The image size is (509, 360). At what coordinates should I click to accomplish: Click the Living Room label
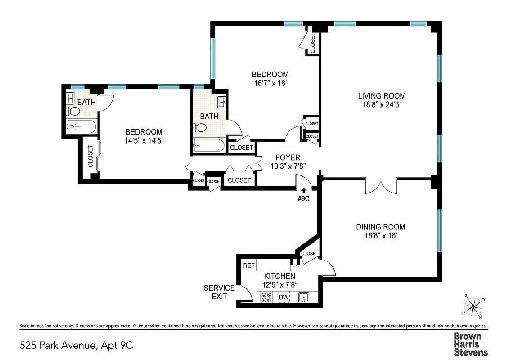tap(382, 96)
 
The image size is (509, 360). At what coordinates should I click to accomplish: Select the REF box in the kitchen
tap(249, 266)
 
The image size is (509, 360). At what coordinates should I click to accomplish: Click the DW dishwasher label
tap(284, 297)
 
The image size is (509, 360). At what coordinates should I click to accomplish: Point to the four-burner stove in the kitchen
tap(266, 297)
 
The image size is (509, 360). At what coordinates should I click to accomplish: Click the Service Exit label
tap(219, 292)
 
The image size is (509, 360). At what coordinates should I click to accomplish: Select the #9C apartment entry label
tap(304, 198)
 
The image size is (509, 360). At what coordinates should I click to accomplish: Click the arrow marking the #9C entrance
tap(304, 190)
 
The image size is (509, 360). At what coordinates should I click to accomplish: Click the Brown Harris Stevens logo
tap(470, 344)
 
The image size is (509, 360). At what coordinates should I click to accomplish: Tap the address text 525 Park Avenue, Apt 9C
tap(77, 346)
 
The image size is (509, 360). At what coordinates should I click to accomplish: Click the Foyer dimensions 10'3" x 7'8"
tap(288, 166)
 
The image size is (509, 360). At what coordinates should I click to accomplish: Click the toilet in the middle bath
tap(201, 128)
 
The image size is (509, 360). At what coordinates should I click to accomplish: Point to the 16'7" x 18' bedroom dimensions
tap(270, 83)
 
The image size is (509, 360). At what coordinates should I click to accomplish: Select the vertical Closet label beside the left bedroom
tap(90, 156)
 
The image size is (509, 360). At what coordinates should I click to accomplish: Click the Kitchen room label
tap(279, 276)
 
